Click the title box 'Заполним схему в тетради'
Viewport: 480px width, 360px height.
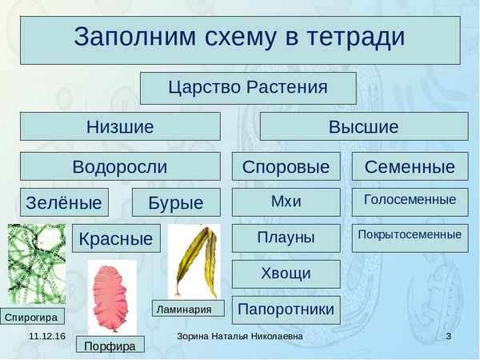pos(239,38)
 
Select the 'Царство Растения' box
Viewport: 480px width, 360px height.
pos(247,88)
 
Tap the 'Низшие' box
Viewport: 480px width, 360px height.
pos(120,126)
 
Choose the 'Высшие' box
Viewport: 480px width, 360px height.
pos(364,126)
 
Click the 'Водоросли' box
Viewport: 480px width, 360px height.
pos(120,166)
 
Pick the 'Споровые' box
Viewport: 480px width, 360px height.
pos(286,166)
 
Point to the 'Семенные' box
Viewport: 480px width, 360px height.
pos(410,166)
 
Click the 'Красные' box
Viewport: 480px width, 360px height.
pos(116,238)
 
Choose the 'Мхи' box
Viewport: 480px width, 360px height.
pos(286,202)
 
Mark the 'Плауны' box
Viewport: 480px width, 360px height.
pos(286,238)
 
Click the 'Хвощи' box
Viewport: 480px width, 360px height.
pos(286,274)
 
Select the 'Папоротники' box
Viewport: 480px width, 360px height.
pos(286,309)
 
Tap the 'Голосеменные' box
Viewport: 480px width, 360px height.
pos(410,201)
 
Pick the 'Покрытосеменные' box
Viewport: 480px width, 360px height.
pos(410,236)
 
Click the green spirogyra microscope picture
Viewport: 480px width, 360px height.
pos(37,264)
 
